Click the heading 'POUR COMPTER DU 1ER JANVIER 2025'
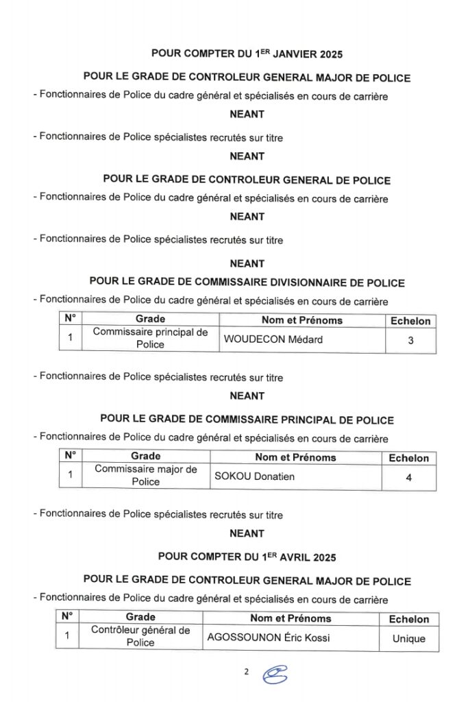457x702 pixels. pyautogui.click(x=247, y=53)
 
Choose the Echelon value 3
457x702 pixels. pyautogui.click(x=410, y=339)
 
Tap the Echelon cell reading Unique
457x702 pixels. pyautogui.click(x=408, y=638)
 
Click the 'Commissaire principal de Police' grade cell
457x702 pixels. pyautogui.click(x=150, y=339)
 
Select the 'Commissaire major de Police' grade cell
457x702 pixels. pyautogui.click(x=145, y=476)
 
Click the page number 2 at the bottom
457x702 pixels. pyautogui.click(x=246, y=671)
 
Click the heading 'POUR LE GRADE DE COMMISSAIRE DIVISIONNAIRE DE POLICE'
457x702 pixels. pyautogui.click(x=247, y=282)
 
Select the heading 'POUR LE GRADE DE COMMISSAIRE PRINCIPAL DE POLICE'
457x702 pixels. pyautogui.click(x=247, y=420)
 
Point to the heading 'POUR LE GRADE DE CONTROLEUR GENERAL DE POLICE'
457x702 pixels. pyautogui.click(x=247, y=180)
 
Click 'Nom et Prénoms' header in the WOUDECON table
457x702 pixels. pyautogui.click(x=301, y=320)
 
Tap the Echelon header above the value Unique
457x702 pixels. pyautogui.click(x=408, y=619)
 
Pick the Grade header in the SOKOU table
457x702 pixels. pyautogui.click(x=145, y=456)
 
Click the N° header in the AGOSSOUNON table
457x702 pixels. pyautogui.click(x=67, y=616)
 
